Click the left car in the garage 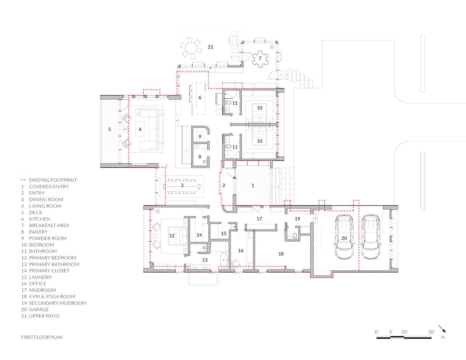[344, 238]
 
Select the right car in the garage [371, 238]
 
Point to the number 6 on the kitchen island [200, 97]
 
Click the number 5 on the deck [110, 129]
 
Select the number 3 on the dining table [182, 185]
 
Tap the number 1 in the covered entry [253, 186]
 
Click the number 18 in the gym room [281, 254]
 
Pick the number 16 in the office [241, 251]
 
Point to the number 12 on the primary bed [172, 235]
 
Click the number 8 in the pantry [200, 157]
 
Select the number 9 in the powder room [200, 137]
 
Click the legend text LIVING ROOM [45, 206]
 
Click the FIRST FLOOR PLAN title [42, 337]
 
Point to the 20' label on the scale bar [431, 332]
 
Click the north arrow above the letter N [442, 329]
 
